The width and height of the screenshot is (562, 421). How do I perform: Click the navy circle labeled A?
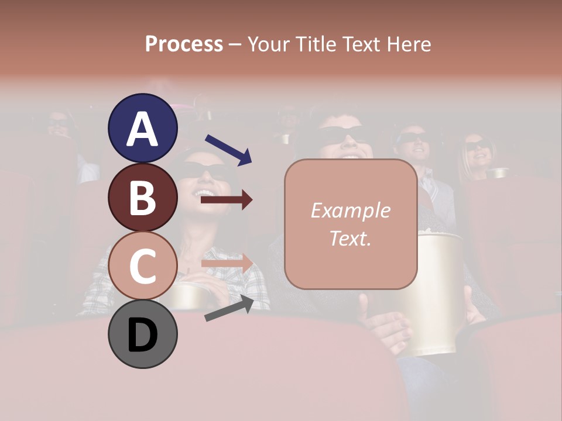click(142, 128)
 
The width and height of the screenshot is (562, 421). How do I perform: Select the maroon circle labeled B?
click(142, 197)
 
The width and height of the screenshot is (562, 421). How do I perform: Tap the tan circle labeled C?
click(142, 265)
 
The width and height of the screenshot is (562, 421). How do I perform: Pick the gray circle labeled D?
click(142, 334)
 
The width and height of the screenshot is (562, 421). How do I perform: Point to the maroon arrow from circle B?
click(227, 200)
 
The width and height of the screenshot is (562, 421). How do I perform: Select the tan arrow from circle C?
click(227, 263)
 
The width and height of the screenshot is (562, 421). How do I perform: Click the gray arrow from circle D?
click(229, 308)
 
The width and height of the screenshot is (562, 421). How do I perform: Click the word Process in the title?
click(184, 44)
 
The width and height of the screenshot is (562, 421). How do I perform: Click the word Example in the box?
click(350, 210)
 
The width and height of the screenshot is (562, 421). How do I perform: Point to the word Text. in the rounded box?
click(350, 238)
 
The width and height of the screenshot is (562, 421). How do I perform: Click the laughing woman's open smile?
click(204, 192)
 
